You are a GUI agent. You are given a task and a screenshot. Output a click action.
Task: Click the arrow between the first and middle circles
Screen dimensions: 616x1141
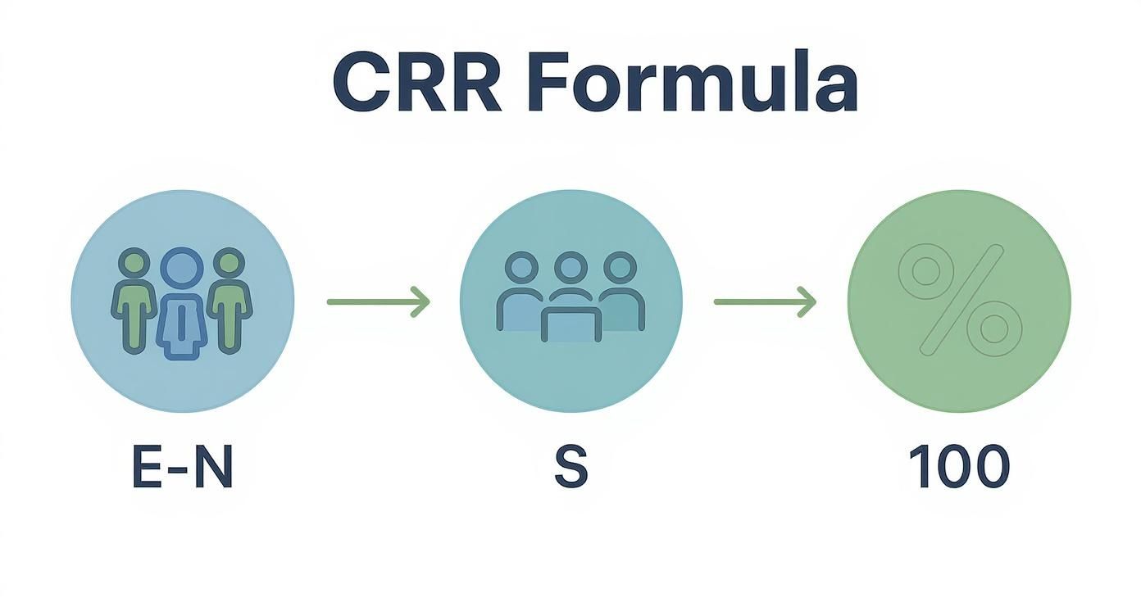point(378,301)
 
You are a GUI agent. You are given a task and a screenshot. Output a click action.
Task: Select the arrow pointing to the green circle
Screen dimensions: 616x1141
point(764,301)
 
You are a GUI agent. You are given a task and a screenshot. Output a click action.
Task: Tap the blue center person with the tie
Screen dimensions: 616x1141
point(181,303)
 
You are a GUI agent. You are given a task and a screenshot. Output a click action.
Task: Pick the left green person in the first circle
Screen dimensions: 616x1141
point(134,299)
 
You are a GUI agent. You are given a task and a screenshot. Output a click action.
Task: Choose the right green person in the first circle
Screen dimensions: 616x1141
point(230,299)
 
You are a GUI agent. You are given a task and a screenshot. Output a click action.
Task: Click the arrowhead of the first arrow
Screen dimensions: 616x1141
point(421,301)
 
